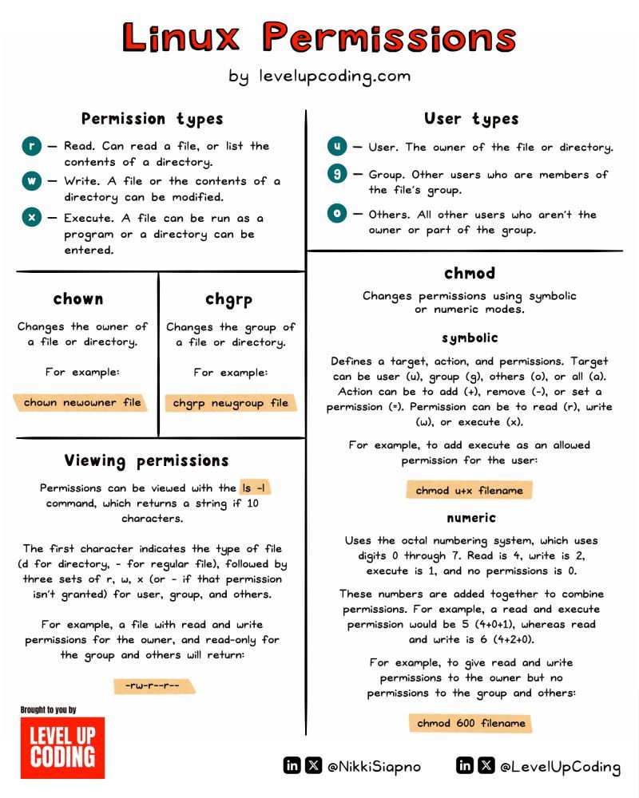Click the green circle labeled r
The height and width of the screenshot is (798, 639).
[31, 146]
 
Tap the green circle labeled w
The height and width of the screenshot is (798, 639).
[31, 181]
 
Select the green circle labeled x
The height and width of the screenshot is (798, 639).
[31, 218]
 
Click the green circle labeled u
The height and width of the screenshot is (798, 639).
[337, 147]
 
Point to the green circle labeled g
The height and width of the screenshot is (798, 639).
[337, 174]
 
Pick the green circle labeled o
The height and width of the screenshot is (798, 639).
[337, 214]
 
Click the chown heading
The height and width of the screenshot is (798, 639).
[78, 299]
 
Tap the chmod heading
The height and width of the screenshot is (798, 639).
[470, 273]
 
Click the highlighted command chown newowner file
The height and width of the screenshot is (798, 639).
[82, 402]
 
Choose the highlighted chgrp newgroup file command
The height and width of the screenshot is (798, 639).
[231, 403]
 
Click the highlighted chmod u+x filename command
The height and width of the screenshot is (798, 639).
[469, 490]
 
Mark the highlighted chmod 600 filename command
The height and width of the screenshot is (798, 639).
[470, 723]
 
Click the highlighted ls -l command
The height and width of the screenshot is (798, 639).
[260, 488]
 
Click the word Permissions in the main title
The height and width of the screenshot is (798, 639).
[390, 38]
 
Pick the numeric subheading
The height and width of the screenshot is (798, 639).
[470, 518]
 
